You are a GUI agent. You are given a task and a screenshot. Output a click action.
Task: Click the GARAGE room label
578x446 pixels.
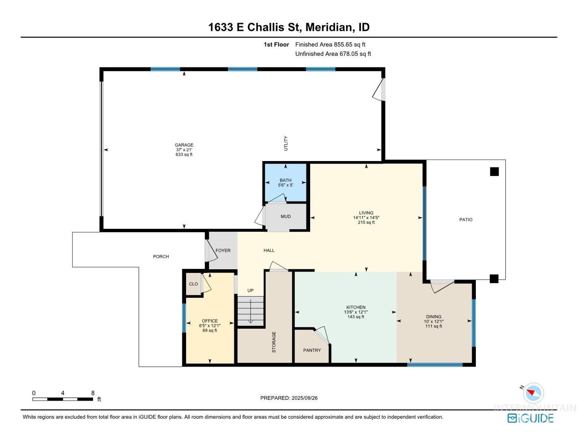point(184,145)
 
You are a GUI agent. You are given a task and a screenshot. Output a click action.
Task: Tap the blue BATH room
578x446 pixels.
point(285,183)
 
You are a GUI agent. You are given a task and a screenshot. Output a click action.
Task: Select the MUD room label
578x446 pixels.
point(285,216)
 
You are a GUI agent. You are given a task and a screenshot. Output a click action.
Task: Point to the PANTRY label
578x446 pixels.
point(312,350)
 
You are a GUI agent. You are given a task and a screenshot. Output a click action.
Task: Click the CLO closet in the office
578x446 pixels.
point(193,284)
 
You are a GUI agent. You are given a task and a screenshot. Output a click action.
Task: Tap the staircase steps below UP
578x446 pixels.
point(250,311)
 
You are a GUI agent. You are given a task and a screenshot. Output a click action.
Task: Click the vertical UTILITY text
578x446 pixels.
point(286,143)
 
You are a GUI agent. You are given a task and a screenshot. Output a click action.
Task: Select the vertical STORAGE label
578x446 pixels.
point(274,342)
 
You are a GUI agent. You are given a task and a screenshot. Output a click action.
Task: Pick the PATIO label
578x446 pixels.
point(466,220)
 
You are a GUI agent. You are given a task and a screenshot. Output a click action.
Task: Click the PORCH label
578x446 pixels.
point(161,256)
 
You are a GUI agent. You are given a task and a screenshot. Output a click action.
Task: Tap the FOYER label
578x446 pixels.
point(223,251)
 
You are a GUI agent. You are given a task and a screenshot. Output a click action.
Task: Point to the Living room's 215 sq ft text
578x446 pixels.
point(366,222)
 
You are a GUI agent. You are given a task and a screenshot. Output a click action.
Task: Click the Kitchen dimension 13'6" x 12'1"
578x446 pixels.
point(356,312)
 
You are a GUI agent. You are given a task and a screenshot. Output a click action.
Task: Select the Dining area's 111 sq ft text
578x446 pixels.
point(434,326)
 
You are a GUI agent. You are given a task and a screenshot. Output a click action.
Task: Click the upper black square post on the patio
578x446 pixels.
point(494,172)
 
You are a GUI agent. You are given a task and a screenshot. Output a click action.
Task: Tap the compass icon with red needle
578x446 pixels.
point(533,393)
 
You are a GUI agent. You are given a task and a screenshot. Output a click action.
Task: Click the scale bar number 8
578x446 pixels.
point(93,393)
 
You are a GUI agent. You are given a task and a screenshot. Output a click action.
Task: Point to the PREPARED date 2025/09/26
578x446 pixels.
point(305,398)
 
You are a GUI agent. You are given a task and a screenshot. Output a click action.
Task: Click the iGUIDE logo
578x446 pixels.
point(530,418)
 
